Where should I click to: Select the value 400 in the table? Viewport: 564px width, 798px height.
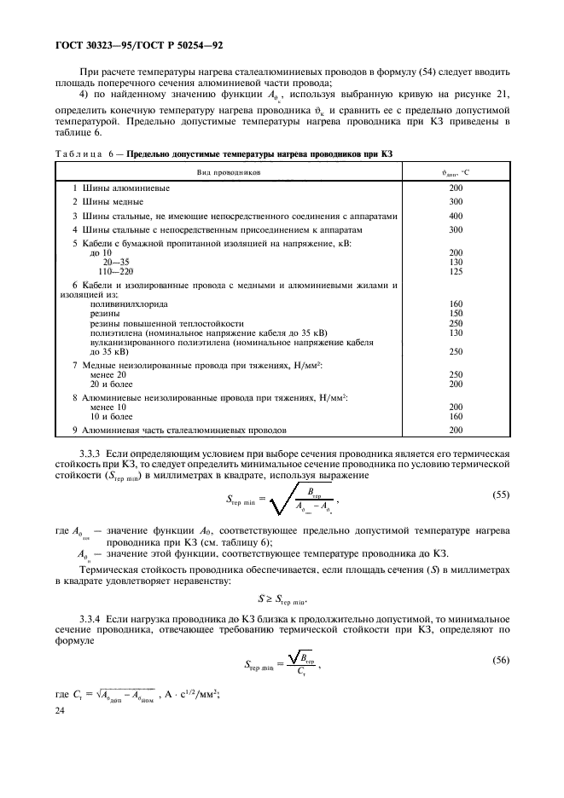pos(456,216)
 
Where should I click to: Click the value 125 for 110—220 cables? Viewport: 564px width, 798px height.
pos(456,271)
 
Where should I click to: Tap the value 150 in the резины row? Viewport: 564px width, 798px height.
pos(456,314)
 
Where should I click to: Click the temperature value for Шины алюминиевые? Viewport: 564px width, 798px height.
pos(456,188)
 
